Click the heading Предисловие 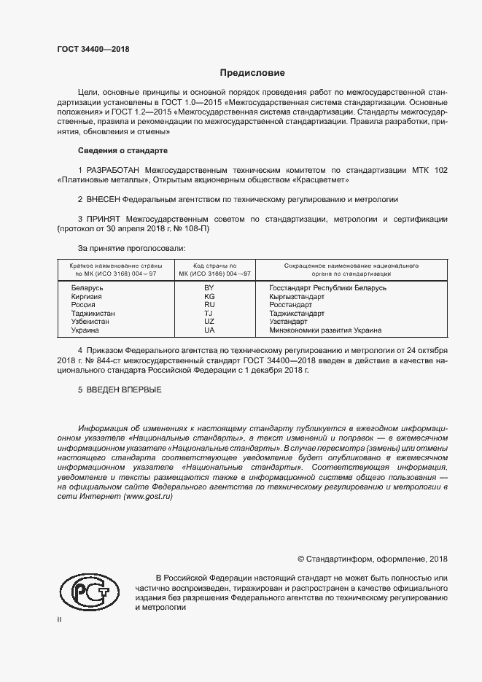pyautogui.click(x=252, y=73)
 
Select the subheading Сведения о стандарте pyautogui.click(x=123, y=150)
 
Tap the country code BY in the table pyautogui.click(x=209, y=288)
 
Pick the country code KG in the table pyautogui.click(x=209, y=297)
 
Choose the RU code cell pyautogui.click(x=209, y=305)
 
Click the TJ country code pyautogui.click(x=209, y=314)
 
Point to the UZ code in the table pyautogui.click(x=209, y=322)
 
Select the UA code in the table pyautogui.click(x=209, y=330)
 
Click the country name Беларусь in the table pyautogui.click(x=88, y=288)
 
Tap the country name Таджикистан pyautogui.click(x=94, y=314)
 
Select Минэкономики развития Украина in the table pyautogui.click(x=325, y=330)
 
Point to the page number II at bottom pyautogui.click(x=59, y=619)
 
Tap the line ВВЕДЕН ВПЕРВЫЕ pyautogui.click(x=120, y=390)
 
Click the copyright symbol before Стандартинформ pyautogui.click(x=300, y=559)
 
